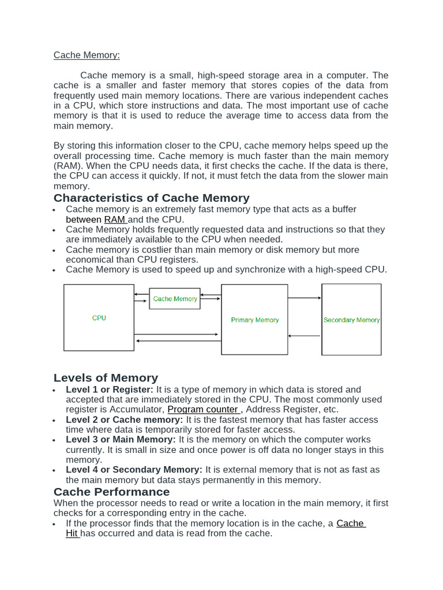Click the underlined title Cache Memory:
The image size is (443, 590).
(x=87, y=55)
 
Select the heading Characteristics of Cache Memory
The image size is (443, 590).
(x=152, y=198)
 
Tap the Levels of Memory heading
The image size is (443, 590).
(x=106, y=378)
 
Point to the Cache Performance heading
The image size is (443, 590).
(x=111, y=492)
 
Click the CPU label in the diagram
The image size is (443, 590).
(x=99, y=318)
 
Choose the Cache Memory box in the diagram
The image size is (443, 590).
(x=175, y=299)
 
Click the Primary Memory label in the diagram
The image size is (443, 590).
(x=254, y=320)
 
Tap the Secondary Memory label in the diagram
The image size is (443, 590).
(x=351, y=320)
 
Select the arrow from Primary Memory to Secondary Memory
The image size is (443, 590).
(x=305, y=298)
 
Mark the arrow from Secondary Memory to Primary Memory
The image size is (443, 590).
(x=305, y=336)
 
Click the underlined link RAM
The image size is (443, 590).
(x=115, y=220)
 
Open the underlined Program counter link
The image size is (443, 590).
(x=203, y=410)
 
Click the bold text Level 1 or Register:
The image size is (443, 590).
(x=110, y=389)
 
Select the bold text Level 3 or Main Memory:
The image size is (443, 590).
(x=121, y=440)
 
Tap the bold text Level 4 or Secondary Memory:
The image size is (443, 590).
(x=134, y=470)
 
